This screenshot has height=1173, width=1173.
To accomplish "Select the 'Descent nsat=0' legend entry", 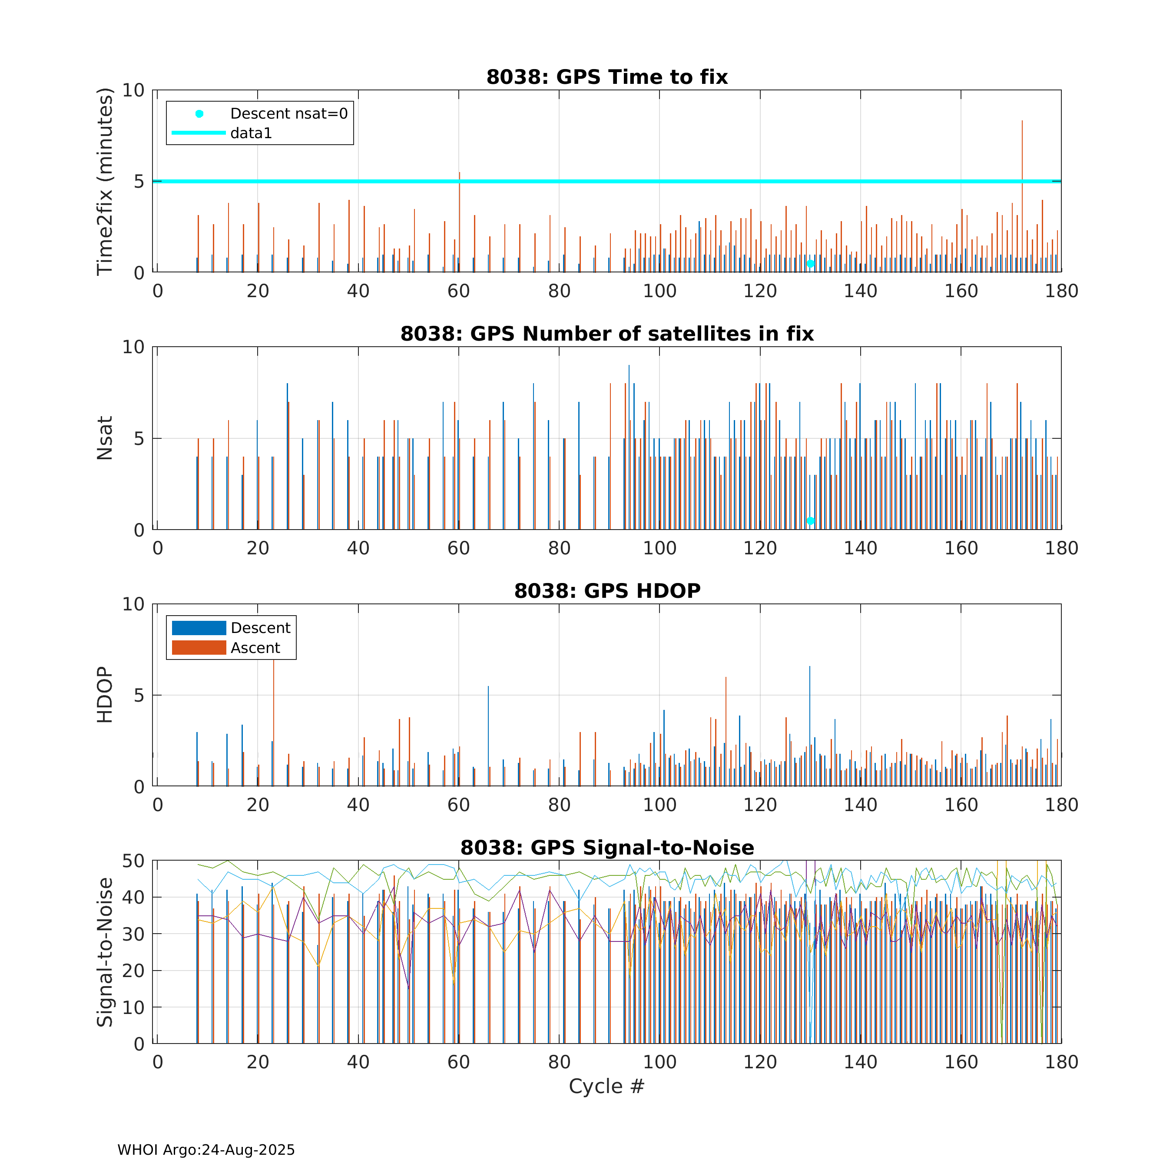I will tap(288, 113).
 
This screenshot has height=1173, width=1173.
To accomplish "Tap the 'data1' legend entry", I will tap(251, 133).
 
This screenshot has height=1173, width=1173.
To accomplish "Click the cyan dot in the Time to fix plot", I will tap(811, 264).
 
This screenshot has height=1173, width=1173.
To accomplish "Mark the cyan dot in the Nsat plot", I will tap(811, 521).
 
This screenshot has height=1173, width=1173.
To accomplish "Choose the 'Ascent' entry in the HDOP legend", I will tap(255, 648).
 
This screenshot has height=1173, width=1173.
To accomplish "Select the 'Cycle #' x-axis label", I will tap(606, 1086).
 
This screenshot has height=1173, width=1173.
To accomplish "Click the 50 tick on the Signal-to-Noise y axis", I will tap(133, 861).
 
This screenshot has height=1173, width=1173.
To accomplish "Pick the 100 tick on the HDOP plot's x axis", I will tap(659, 805).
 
